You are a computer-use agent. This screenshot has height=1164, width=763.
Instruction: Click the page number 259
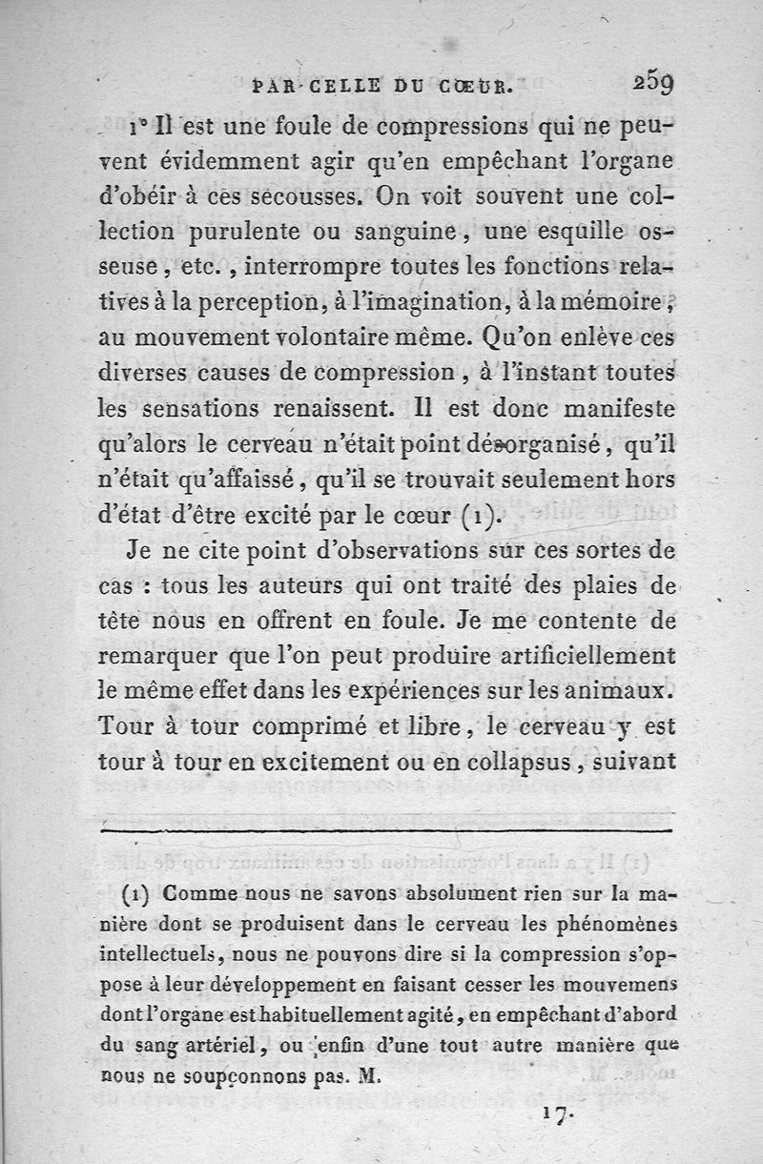tap(653, 83)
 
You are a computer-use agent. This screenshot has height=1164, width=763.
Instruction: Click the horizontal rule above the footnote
tap(386, 832)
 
